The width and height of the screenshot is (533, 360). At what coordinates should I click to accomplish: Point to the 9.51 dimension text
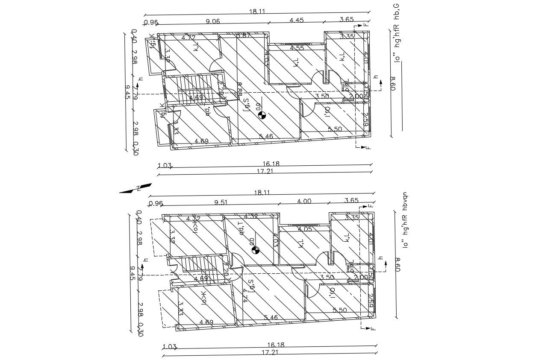(221, 202)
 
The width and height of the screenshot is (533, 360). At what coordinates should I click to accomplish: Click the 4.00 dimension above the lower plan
(304, 201)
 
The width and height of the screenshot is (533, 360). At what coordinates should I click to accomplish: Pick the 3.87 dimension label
(243, 35)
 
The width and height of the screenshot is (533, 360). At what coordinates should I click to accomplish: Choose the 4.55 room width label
(297, 48)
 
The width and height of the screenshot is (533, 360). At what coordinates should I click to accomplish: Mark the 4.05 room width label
(305, 229)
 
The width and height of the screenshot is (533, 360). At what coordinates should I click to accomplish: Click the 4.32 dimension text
(251, 217)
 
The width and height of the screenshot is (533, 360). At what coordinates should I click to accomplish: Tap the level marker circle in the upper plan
(263, 114)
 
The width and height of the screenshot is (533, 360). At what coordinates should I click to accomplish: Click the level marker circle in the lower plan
(255, 250)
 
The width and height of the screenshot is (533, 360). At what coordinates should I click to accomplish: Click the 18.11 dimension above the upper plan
(257, 12)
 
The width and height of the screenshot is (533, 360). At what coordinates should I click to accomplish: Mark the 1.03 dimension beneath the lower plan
(170, 346)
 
